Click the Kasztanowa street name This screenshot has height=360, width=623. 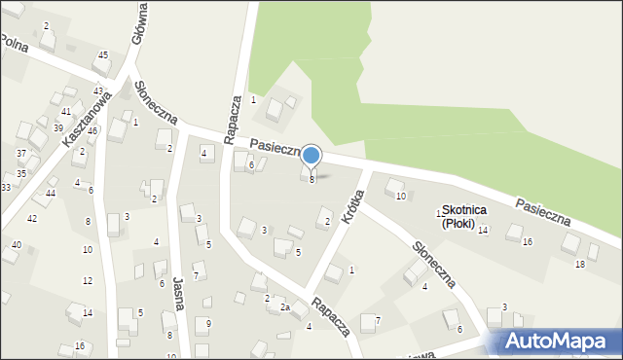tap(85, 122)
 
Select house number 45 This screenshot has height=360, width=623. tap(103, 55)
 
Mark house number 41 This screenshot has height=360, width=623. tap(66, 112)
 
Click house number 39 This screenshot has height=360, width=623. tap(58, 128)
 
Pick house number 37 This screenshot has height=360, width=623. tap(21, 154)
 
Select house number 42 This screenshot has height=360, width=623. tap(32, 218)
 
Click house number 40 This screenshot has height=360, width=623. tap(16, 244)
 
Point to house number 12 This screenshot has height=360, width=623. tap(88, 280)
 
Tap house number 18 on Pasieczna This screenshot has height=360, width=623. tap(580, 264)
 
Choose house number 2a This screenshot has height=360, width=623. tap(285, 307)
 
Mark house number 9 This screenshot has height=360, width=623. tap(208, 323)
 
